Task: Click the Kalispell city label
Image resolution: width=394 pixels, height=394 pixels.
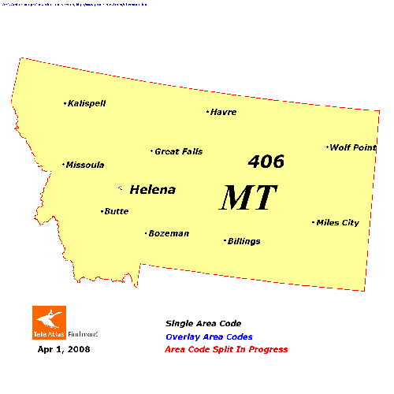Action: (x=87, y=103)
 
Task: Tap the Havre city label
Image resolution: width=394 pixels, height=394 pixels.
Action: (x=224, y=112)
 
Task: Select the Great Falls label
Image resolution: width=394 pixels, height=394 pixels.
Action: (x=179, y=151)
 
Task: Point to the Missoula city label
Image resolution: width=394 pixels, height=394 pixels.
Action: (x=85, y=165)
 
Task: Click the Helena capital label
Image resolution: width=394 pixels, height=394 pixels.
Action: (x=152, y=190)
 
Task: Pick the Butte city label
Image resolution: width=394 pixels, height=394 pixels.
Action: (x=117, y=211)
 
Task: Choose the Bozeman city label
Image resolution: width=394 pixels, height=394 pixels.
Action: (x=169, y=233)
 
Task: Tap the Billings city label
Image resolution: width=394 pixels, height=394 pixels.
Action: (x=244, y=241)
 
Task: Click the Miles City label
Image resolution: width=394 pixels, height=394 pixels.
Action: (x=338, y=223)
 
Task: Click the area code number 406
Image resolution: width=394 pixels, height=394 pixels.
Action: (x=266, y=162)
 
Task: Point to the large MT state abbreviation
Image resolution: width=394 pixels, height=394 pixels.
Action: (x=248, y=198)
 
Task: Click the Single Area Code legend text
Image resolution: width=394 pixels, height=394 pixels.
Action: (x=203, y=323)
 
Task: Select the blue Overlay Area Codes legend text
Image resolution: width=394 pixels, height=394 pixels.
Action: (x=214, y=336)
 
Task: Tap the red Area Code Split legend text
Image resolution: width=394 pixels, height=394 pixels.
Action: (x=226, y=349)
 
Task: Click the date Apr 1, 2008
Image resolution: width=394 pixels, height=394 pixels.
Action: (x=64, y=348)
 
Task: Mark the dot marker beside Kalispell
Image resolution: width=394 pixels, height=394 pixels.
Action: (x=65, y=103)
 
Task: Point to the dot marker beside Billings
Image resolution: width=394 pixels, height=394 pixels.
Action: (x=225, y=240)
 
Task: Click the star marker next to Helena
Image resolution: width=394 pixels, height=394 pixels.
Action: (x=121, y=188)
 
